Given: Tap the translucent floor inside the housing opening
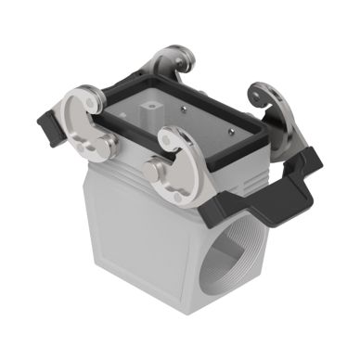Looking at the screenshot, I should point(186,122).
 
